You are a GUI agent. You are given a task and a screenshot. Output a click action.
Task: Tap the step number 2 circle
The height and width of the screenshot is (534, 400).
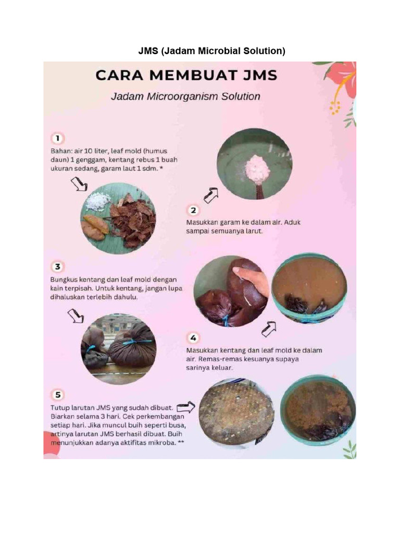point(193,211)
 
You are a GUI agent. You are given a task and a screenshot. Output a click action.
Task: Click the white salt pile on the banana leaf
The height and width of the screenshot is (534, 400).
point(98,201)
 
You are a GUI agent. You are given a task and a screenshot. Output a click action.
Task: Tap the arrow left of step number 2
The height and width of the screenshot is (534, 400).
point(211,196)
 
